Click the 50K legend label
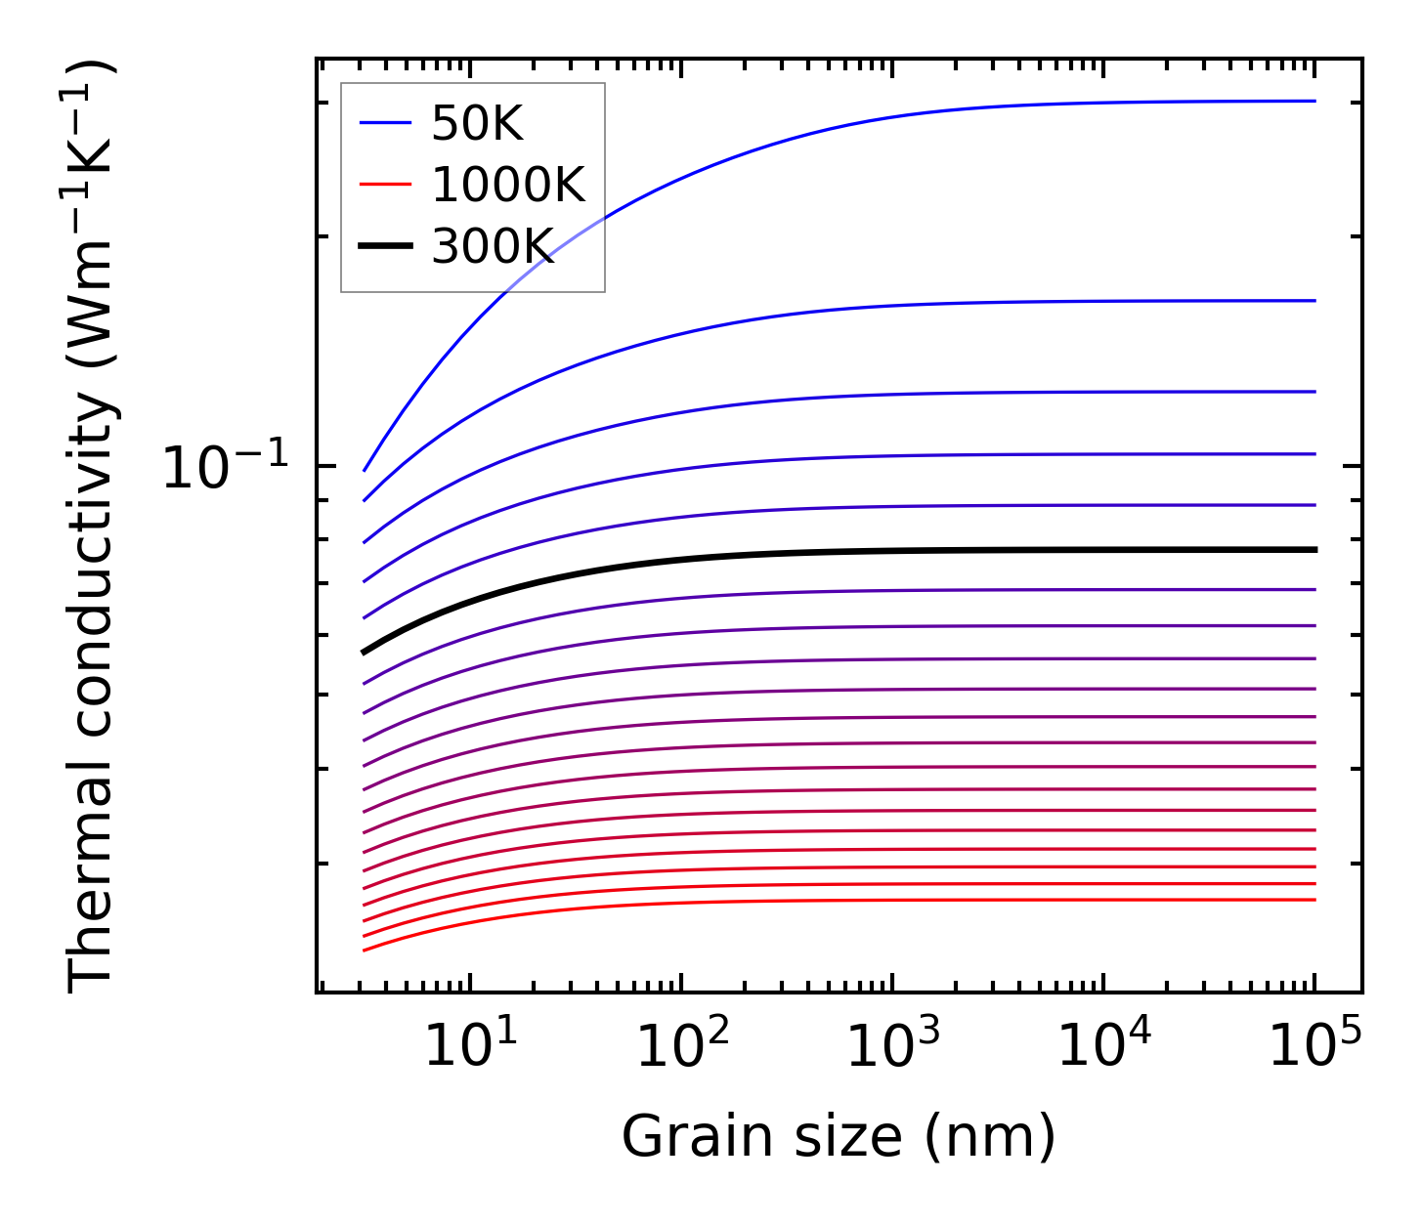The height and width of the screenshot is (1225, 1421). click(478, 124)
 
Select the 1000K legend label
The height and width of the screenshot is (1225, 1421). click(508, 185)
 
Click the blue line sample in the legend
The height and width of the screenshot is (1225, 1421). click(386, 123)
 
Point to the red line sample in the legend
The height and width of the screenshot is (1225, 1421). click(386, 185)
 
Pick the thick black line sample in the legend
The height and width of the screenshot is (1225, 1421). click(386, 246)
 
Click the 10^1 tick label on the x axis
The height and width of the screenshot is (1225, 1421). click(471, 1046)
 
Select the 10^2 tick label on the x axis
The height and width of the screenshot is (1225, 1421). click(682, 1046)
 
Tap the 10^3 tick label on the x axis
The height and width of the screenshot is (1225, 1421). click(893, 1046)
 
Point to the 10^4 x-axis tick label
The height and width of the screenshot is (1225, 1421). click(1104, 1046)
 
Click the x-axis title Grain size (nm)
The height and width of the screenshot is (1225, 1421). click(839, 1137)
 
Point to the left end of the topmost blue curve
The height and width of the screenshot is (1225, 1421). click(365, 470)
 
